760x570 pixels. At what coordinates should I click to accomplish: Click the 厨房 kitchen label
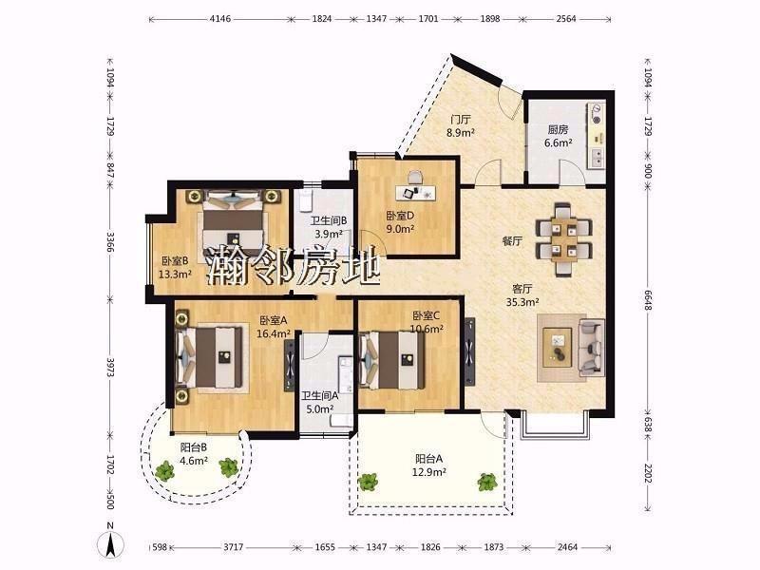coord(558,129)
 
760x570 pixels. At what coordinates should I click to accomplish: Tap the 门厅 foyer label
coord(461,119)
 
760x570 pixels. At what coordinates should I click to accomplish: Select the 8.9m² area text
coord(461,132)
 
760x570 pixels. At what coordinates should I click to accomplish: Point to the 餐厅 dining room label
coord(512,241)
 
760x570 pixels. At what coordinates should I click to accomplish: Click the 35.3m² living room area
coord(522,302)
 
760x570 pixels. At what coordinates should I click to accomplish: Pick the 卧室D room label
coord(400,216)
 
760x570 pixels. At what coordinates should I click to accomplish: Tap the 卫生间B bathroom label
coord(329,221)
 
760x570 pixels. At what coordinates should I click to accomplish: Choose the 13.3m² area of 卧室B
coord(175,275)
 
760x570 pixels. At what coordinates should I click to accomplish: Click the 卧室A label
coord(274,320)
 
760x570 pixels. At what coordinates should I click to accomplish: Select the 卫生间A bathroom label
coord(319,396)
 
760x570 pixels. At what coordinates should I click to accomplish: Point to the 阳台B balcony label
coord(194,447)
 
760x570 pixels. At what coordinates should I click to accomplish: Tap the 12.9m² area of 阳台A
coord(429,471)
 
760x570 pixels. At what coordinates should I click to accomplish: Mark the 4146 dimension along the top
coord(220,19)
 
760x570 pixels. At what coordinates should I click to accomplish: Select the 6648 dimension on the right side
coord(648,301)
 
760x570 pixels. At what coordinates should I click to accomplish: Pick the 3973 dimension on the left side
coord(110,368)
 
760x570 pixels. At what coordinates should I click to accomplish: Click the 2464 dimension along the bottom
coord(567,547)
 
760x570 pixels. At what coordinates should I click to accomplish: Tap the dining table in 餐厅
coord(563,239)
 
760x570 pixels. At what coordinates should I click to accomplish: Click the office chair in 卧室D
coord(415,177)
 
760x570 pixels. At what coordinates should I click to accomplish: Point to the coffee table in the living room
coord(558,346)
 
